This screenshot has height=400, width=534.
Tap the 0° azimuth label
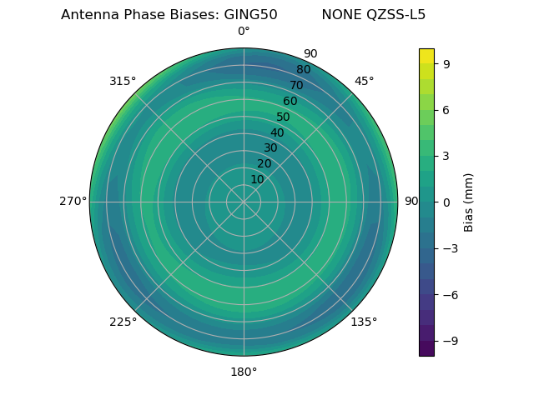click(x=244, y=32)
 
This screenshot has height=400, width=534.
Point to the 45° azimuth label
click(x=364, y=81)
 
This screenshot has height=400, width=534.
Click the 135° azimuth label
click(x=364, y=322)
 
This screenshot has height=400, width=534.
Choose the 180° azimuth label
click(x=244, y=372)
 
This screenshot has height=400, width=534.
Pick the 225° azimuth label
click(x=123, y=322)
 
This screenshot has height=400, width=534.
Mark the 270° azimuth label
click(x=73, y=202)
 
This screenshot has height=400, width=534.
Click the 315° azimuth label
click(x=123, y=81)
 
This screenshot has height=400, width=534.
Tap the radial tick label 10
click(x=257, y=179)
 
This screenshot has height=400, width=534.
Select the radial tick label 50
click(x=284, y=117)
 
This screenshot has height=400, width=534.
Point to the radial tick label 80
click(x=304, y=70)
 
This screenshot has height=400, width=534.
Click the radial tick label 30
click(x=270, y=148)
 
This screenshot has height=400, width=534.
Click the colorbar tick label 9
click(x=446, y=63)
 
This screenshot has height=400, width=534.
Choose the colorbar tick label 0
click(x=446, y=202)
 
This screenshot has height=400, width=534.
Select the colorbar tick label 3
click(x=446, y=156)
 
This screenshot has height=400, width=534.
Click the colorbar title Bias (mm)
click(x=469, y=202)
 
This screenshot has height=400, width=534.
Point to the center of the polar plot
click(x=244, y=202)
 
